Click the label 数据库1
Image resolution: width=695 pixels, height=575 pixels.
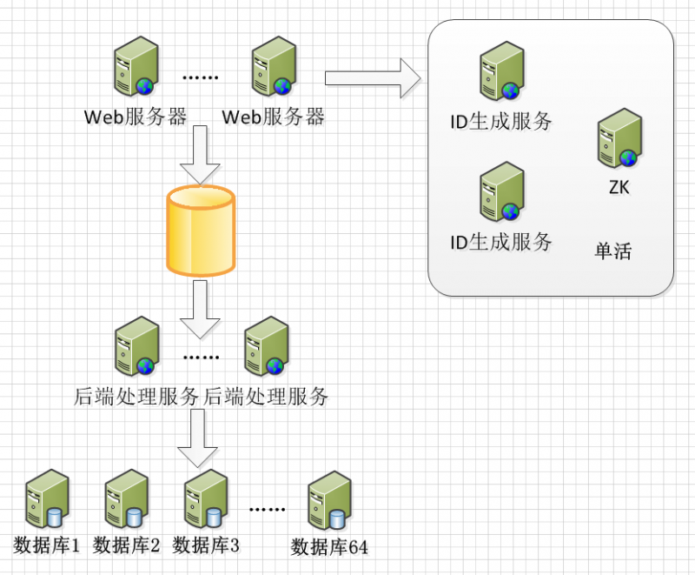coord(48,545)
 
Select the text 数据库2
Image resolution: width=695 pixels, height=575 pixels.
coord(127,545)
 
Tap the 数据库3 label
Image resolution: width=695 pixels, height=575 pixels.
coord(207,545)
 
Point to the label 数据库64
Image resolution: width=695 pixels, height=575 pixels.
coord(330,547)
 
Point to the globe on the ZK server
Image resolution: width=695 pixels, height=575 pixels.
coord(628,157)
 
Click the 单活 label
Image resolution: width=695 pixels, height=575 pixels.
coord(613,252)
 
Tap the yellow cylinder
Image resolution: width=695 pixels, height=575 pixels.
coord(201,231)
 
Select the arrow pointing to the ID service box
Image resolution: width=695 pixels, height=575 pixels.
coord(373,78)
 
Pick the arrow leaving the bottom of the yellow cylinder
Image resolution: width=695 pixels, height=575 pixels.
coord(200,309)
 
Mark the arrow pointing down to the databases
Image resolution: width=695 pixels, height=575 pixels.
coord(198,438)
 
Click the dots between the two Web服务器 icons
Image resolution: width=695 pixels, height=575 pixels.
coord(201,77)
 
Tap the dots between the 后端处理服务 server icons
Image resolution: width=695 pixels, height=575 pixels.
coord(202,358)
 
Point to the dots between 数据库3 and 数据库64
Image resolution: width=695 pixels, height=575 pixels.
coord(267,509)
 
